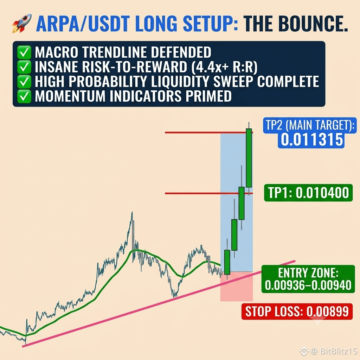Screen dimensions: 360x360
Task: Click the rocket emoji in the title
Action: click(22, 23)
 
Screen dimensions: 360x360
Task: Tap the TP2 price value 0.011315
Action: click(312, 140)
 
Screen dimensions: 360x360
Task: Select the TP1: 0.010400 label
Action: click(308, 193)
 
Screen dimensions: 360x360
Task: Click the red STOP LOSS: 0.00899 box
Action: click(297, 311)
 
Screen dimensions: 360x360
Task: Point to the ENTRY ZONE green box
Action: click(308, 279)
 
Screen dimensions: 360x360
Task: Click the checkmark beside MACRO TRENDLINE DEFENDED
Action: click(24, 52)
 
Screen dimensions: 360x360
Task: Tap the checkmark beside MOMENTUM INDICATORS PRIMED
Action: click(24, 96)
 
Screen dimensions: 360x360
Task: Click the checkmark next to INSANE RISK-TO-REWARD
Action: click(24, 67)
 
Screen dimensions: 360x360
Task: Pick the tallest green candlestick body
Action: click(249, 158)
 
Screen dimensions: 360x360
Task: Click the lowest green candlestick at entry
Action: click(227, 262)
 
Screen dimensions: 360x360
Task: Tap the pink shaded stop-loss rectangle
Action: click(237, 286)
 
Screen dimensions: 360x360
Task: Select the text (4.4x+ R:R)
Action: click(224, 67)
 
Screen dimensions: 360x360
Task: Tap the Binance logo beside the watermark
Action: click(304, 351)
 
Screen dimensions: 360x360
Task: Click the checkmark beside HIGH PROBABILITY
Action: click(24, 82)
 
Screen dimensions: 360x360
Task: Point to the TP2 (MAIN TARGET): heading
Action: click(310, 126)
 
